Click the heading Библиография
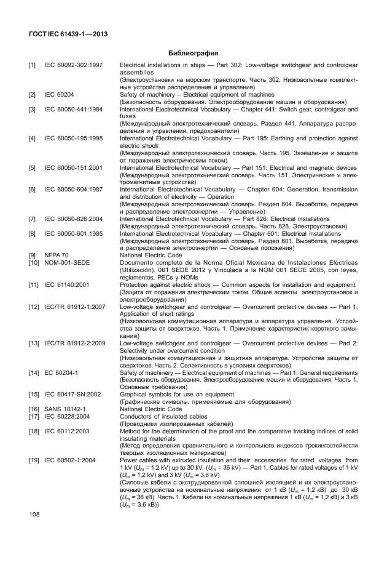click(x=193, y=53)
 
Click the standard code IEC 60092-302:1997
click(x=73, y=65)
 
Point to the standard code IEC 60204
click(x=60, y=94)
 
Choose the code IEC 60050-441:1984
click(x=73, y=109)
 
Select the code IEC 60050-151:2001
click(x=73, y=167)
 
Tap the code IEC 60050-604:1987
click(x=73, y=190)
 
